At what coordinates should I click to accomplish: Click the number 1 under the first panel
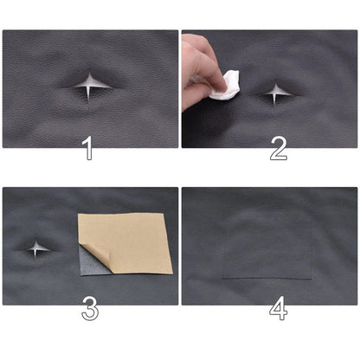click(87, 149)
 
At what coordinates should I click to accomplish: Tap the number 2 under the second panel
click(278, 149)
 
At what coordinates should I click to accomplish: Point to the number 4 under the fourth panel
click(279, 308)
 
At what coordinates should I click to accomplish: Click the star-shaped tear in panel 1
click(89, 86)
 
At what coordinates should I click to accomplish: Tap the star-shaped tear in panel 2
click(276, 92)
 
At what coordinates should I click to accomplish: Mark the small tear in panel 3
click(35, 249)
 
